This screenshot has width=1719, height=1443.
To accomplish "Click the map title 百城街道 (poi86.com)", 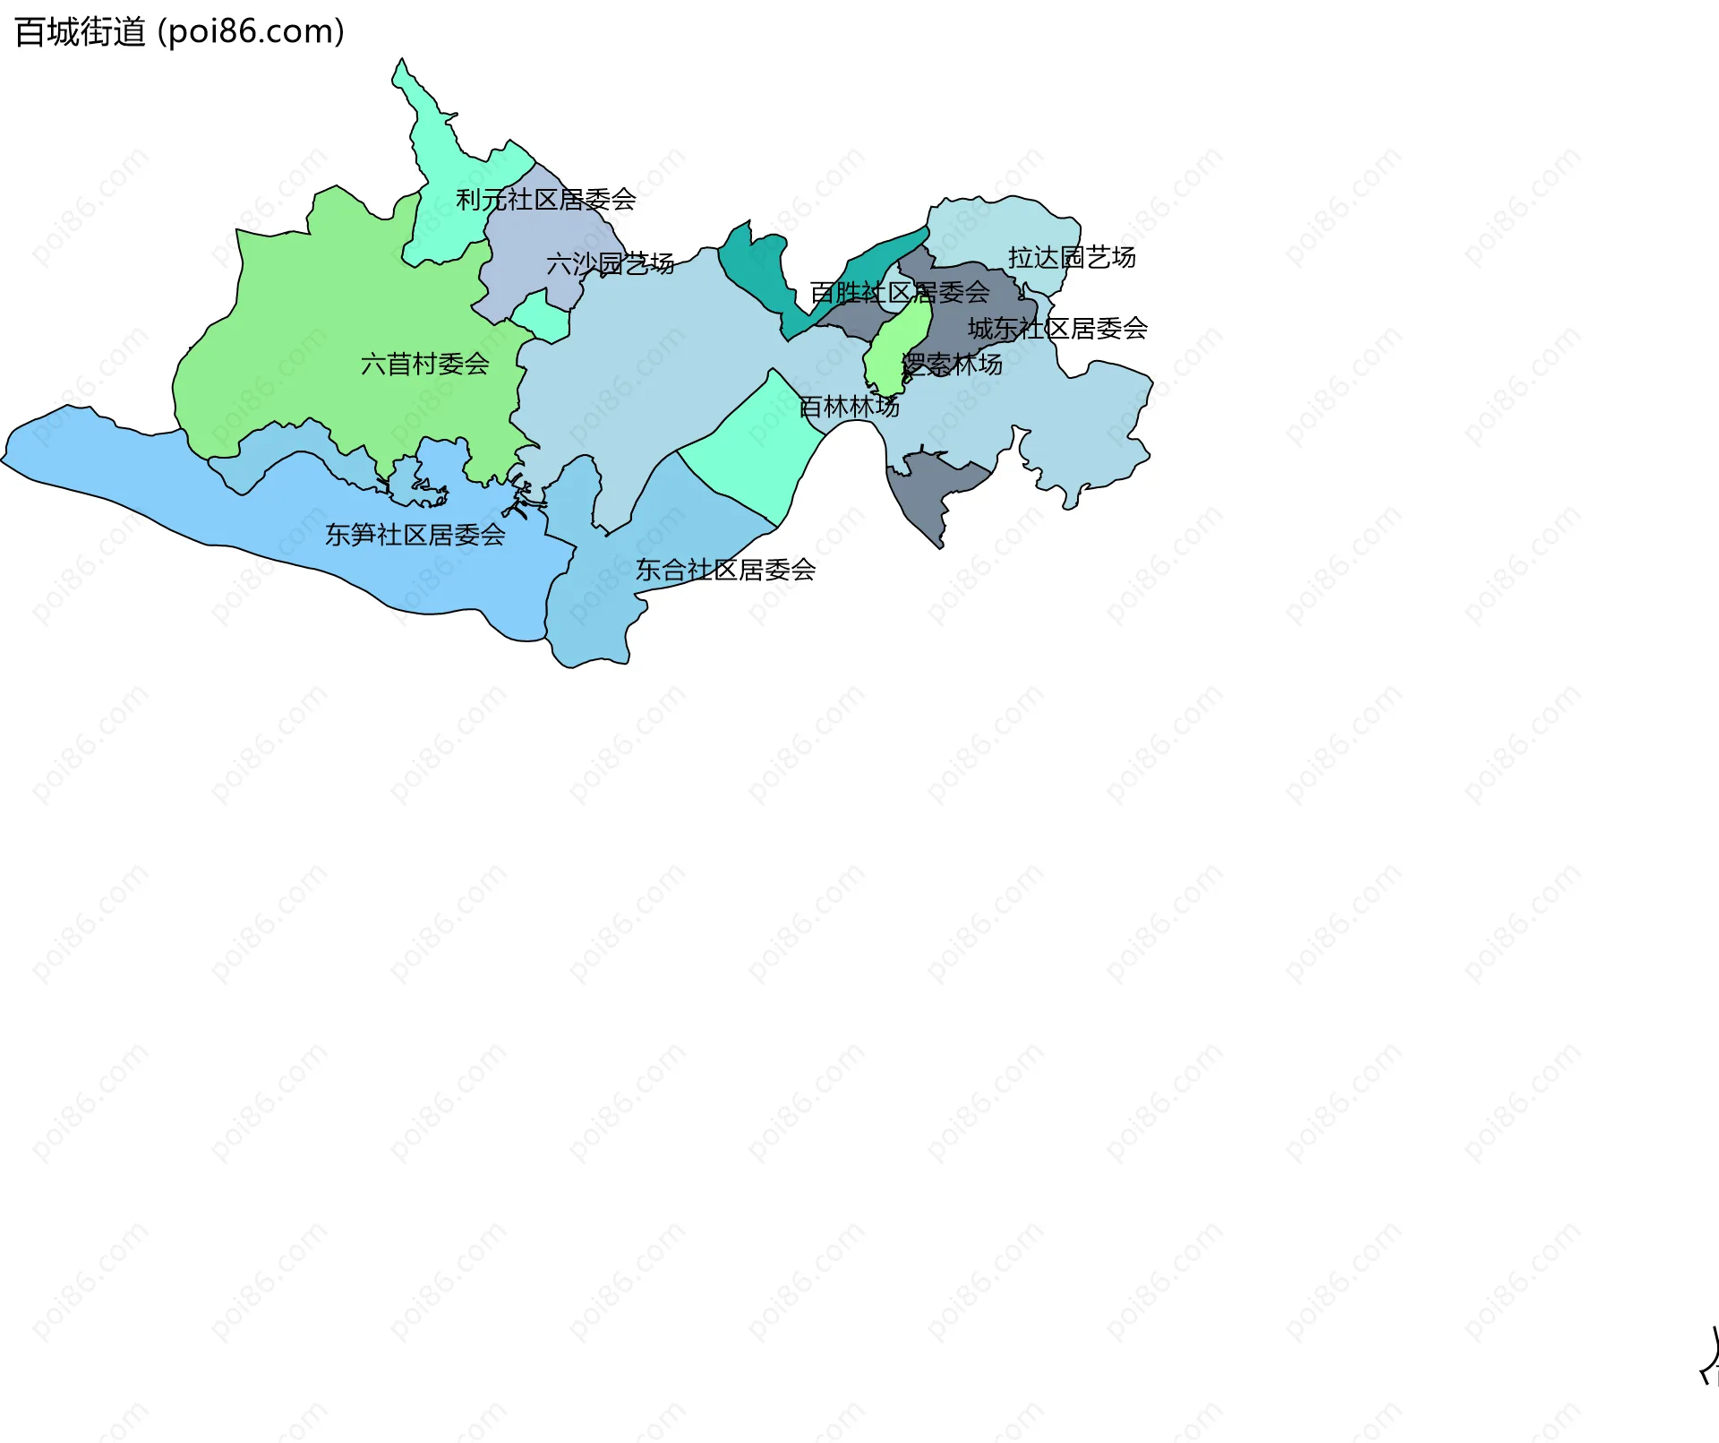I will tap(179, 32).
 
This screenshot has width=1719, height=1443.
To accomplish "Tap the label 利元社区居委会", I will tap(545, 200).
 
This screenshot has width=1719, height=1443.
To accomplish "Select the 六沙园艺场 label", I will tap(610, 264).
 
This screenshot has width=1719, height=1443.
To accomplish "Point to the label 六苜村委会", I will tap(424, 365).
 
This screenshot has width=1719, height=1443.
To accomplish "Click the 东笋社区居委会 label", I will tap(415, 536).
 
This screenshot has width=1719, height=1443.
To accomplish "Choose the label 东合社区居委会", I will tap(725, 571).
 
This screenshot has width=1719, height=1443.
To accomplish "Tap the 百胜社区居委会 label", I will tap(899, 293).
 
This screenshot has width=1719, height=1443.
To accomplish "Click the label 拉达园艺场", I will tap(1072, 258).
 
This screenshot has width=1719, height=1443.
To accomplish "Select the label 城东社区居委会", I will tap(1057, 329).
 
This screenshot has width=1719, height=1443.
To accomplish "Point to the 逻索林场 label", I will tap(951, 365).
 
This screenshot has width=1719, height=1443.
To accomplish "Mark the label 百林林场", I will tap(849, 408).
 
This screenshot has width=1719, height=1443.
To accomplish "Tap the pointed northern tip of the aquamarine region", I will tap(401, 63).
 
